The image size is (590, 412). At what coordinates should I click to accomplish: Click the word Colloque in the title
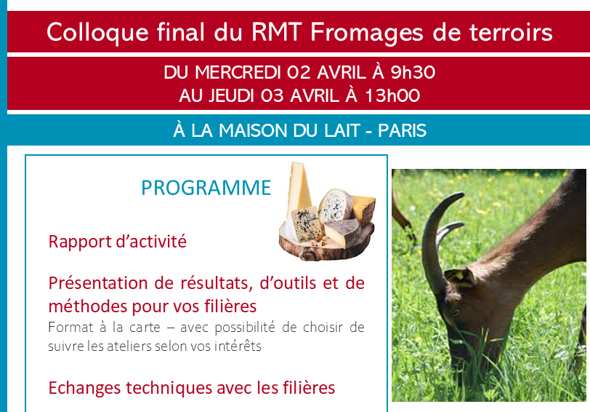pyautogui.click(x=97, y=33)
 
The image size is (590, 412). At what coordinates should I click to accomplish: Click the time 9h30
pyautogui.click(x=413, y=72)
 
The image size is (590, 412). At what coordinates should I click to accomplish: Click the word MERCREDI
pyautogui.click(x=238, y=72)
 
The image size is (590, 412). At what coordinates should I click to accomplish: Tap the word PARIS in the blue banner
pyautogui.click(x=402, y=130)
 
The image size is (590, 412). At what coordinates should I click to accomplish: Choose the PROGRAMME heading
pyautogui.click(x=206, y=187)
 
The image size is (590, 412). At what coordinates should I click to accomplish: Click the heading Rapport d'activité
pyautogui.click(x=118, y=241)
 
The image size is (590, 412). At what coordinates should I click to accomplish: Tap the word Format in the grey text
pyautogui.click(x=70, y=327)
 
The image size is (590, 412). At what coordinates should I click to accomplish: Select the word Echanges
pyautogui.click(x=85, y=388)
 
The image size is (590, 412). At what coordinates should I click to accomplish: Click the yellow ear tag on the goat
pyautogui.click(x=458, y=275)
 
